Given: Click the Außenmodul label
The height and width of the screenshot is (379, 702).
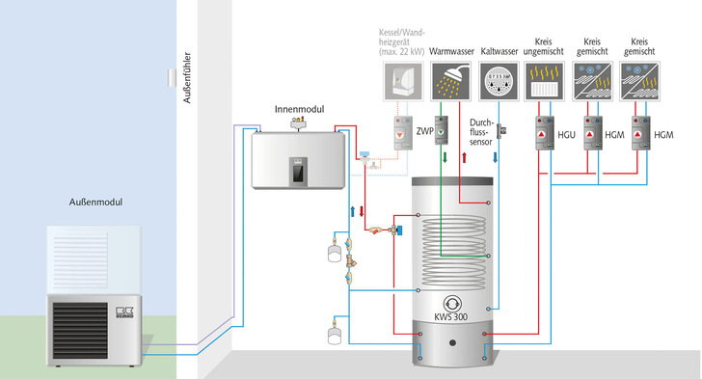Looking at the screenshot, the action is coord(95,203).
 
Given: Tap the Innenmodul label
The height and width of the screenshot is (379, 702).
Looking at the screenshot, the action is coord(299,109).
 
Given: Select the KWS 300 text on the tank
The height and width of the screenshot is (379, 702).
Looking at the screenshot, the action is coord(451,316).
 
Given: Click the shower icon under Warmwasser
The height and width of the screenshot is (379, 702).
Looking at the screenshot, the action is coord(451,82).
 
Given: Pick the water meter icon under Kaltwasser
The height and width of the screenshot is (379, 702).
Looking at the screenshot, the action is coord(499,82).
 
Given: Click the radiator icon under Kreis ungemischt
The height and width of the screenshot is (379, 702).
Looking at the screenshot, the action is coord(544,82).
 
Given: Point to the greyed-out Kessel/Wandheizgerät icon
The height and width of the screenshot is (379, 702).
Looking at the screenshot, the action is coord(403,82).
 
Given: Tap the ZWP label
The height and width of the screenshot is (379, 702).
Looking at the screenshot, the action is coord(425,131).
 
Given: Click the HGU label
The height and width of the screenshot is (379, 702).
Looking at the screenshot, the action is coord(566,135).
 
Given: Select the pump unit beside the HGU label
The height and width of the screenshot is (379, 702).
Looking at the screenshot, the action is coord(545,133).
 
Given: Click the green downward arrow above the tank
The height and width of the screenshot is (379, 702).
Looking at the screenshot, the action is coord(445,158).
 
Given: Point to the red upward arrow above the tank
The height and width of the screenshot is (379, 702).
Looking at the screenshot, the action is coord(464,158).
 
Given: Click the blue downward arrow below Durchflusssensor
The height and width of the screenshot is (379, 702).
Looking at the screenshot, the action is coord(496,158).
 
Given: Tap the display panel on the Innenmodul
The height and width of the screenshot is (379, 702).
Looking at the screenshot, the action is coord(298,170).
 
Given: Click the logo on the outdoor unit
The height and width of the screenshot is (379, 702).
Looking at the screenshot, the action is coord(124,312).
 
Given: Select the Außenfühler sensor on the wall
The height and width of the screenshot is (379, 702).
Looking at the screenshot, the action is coord(172,78).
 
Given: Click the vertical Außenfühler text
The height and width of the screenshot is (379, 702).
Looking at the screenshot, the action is coord(187,77).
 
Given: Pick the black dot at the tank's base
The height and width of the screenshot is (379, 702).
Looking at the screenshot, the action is coord(452,342).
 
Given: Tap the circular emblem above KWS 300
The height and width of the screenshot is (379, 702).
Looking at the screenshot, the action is coord(452,304).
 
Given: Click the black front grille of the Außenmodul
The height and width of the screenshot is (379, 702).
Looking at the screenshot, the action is coord(81,330).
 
